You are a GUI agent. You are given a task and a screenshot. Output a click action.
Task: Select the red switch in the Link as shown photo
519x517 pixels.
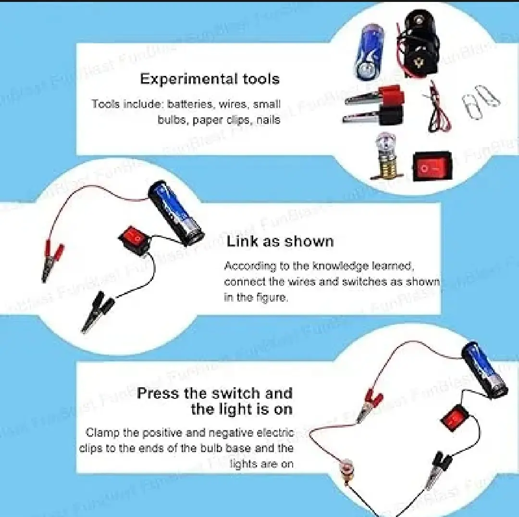(x=133, y=237)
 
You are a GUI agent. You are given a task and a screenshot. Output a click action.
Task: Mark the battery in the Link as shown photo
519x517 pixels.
(x=175, y=211)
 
